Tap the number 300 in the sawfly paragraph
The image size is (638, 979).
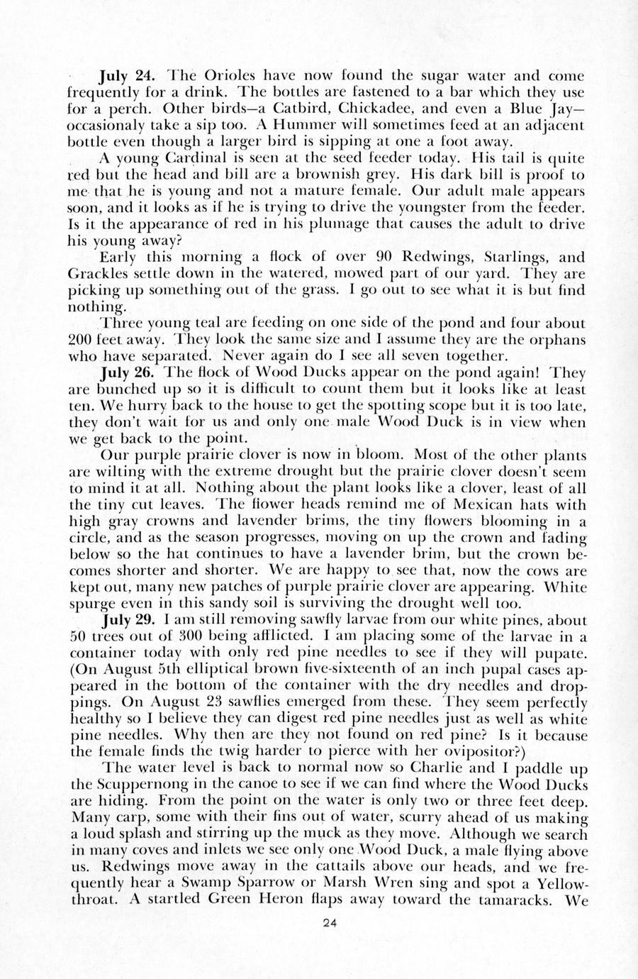(226, 636)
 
